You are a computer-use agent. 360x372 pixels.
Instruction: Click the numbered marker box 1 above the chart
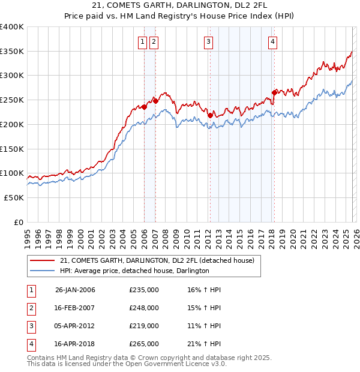[142, 41]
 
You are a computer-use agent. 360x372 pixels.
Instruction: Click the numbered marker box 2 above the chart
[154, 41]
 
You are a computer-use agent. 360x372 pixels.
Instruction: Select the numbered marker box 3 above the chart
[208, 41]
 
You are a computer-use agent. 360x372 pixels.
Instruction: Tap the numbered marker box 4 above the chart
[272, 41]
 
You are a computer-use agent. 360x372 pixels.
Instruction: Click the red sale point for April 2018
[274, 92]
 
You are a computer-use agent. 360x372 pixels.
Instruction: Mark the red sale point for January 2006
[144, 107]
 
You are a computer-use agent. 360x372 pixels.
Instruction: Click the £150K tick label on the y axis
[12, 148]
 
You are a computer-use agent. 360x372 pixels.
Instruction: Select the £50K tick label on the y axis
[14, 197]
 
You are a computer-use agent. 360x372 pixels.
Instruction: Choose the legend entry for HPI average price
[134, 271]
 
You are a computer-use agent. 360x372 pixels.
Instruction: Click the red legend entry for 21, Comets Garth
[157, 260]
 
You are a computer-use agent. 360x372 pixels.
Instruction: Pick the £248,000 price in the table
[144, 308]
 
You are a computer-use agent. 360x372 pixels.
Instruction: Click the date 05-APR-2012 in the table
[75, 326]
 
